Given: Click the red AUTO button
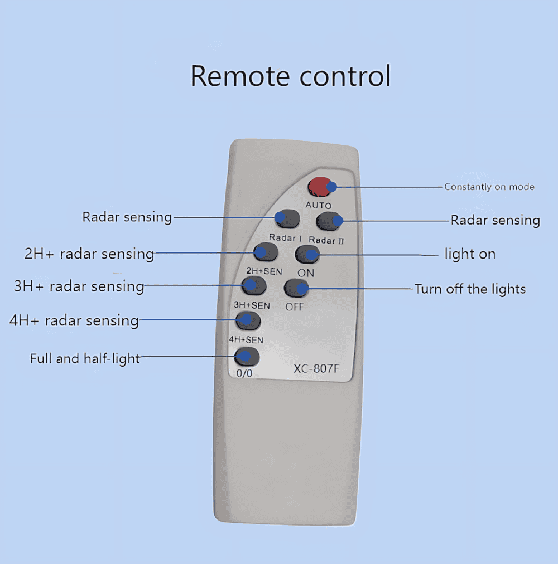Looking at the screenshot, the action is (320, 187).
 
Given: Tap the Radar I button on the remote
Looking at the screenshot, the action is (287, 218).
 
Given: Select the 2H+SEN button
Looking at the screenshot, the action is (266, 252).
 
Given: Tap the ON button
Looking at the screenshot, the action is (307, 255).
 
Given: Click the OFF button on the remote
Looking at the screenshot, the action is (296, 288).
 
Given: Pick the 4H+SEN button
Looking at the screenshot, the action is (248, 320).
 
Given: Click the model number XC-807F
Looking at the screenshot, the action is (316, 369).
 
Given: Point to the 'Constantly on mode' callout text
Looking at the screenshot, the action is (489, 187).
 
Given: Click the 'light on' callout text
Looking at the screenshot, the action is (470, 254).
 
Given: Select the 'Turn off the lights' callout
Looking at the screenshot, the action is (470, 289).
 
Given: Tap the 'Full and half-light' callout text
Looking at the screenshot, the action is (85, 358).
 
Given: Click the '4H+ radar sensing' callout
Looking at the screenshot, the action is (74, 320).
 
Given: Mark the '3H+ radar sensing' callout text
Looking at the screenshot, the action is (79, 286).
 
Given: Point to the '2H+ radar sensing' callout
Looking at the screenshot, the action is (89, 254).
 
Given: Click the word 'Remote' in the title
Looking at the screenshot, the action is (240, 76).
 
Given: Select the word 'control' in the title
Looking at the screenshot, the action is (345, 76).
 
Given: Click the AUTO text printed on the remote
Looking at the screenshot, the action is (319, 205).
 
